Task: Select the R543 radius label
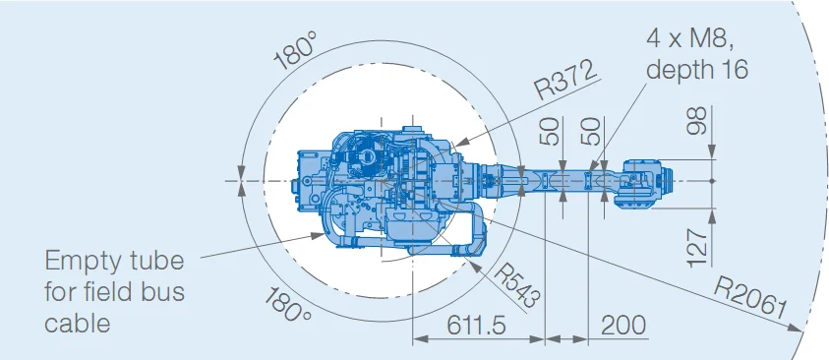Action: pos(516,285)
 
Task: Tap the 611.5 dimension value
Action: pos(476,325)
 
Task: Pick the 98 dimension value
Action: pos(698,121)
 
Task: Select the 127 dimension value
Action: pos(698,248)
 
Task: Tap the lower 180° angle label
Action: pos(288,305)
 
